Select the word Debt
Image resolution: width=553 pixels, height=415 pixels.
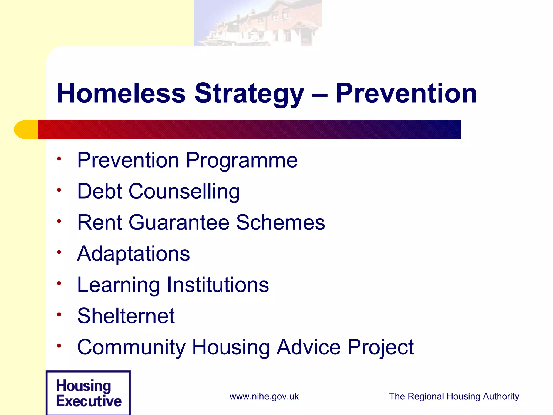(100, 191)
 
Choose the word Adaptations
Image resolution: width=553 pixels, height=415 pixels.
(133, 254)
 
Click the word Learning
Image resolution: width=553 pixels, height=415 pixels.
(119, 285)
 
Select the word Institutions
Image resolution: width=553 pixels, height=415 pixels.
(218, 285)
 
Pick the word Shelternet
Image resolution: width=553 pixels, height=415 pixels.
(126, 316)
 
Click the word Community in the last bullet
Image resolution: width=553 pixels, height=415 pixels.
(131, 347)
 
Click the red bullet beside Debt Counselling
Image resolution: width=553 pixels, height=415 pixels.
(59, 190)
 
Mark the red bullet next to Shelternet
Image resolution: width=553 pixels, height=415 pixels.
(59, 314)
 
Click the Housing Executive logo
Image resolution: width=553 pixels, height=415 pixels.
(88, 393)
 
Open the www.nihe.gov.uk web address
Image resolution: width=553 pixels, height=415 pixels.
(264, 396)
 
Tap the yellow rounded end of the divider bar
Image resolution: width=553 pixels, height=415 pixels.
(26, 129)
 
